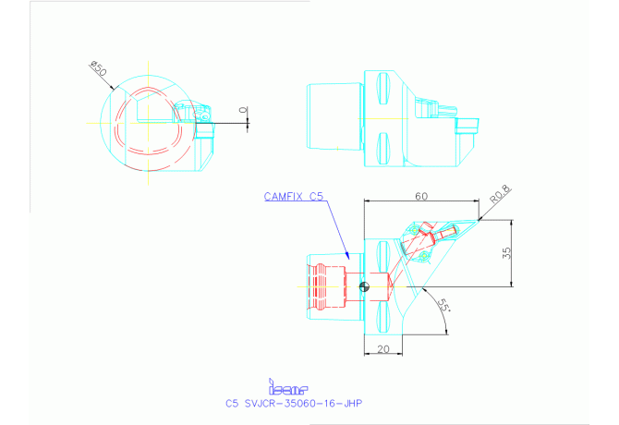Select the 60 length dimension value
click(420, 195)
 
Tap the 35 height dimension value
click(505, 253)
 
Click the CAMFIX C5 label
click(294, 196)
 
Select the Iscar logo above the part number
click(286, 388)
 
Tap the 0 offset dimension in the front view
click(243, 111)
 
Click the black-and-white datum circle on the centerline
click(365, 287)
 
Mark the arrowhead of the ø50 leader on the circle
click(115, 88)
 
